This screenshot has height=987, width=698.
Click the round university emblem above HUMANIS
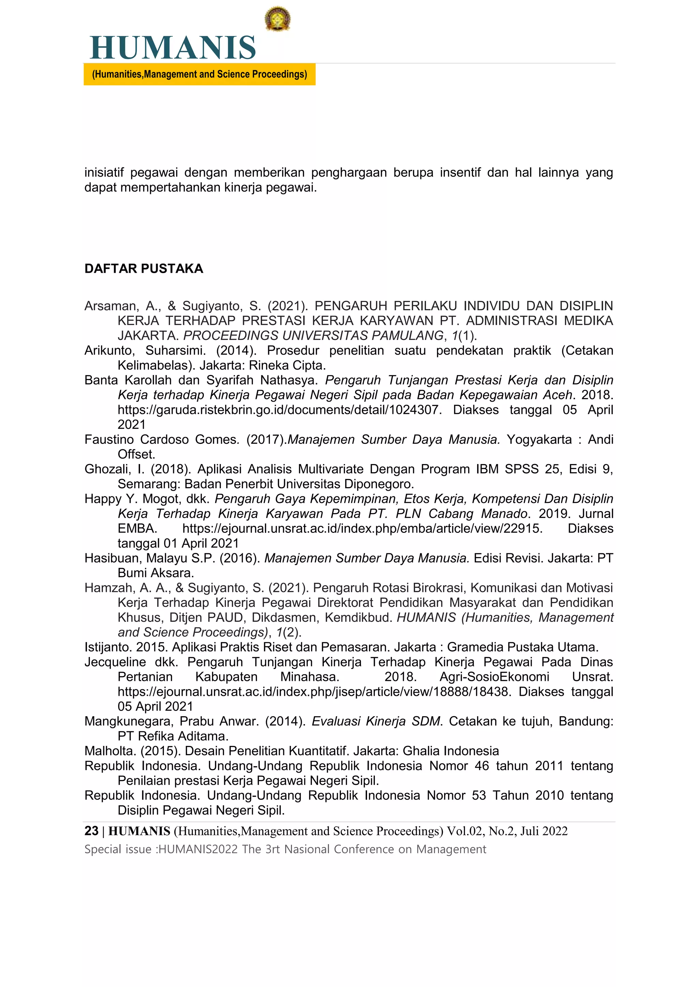pyautogui.click(x=277, y=19)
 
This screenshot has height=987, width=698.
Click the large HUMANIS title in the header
pyautogui.click(x=173, y=48)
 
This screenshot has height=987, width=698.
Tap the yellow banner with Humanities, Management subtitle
pyautogui.click(x=199, y=74)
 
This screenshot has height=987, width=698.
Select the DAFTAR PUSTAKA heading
pyautogui.click(x=143, y=269)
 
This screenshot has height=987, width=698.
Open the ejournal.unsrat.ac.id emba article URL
pyautogui.click(x=362, y=528)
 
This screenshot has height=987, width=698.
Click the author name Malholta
pyautogui.click(x=110, y=751)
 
